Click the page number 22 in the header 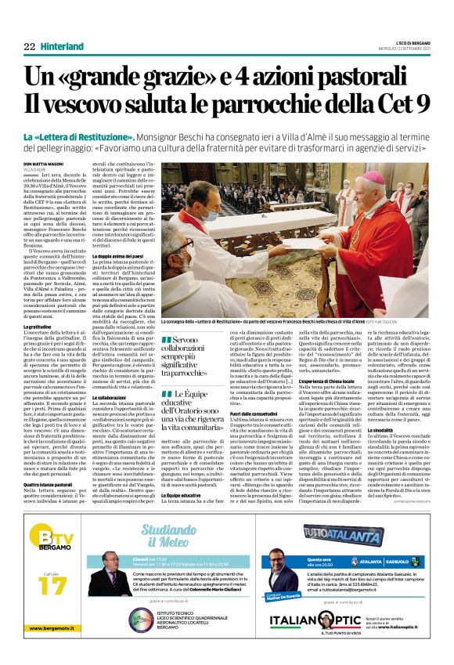point(30,47)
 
